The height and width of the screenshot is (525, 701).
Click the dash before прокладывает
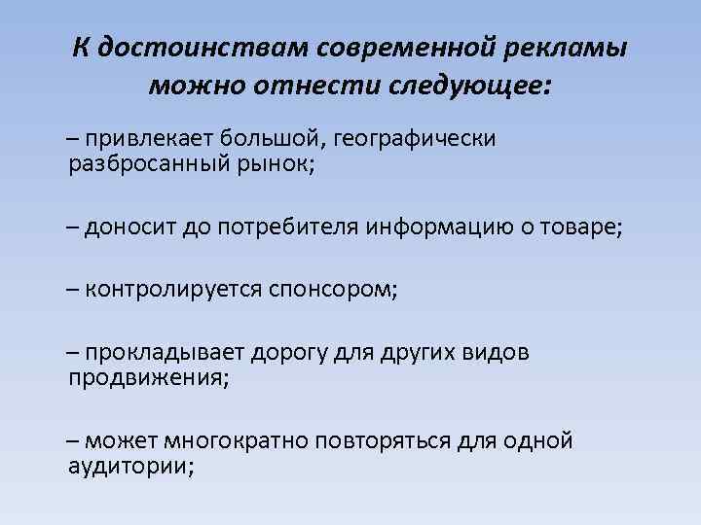(75, 352)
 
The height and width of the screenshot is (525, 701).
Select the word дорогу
(292, 352)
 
